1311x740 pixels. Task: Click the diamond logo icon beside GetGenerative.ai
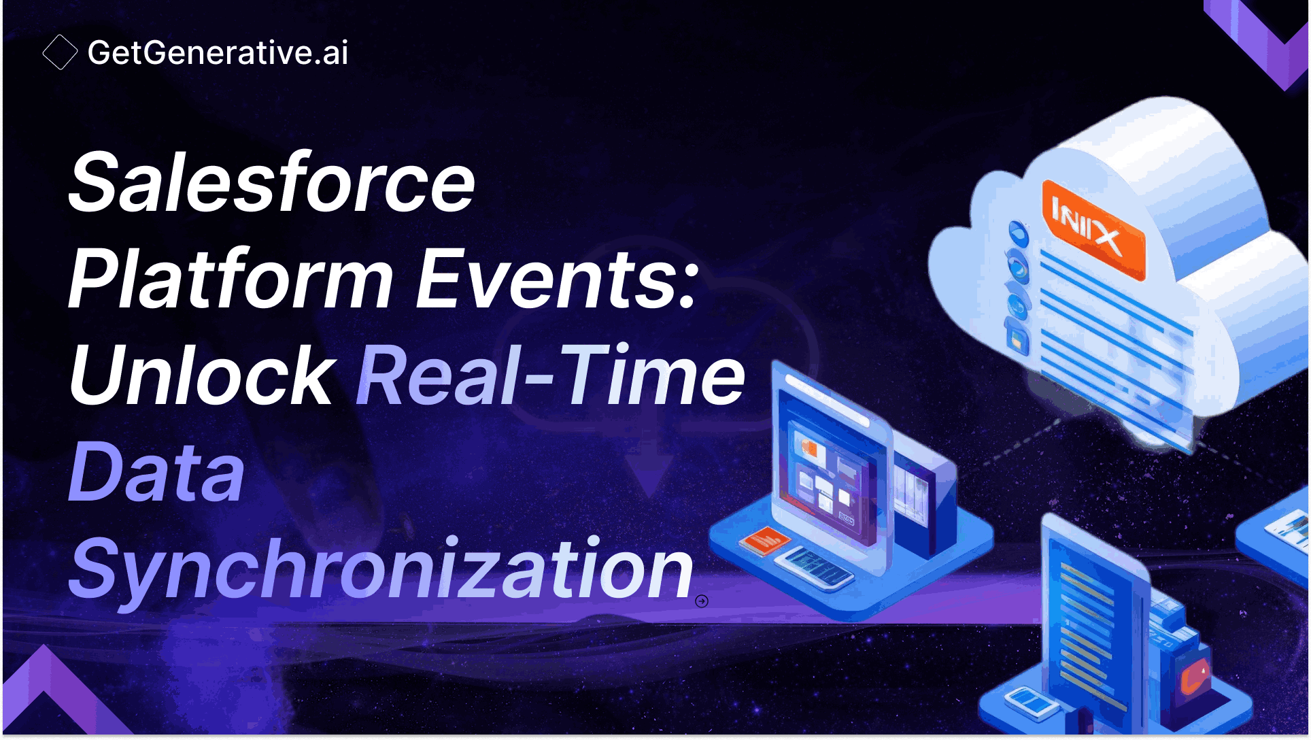tap(60, 52)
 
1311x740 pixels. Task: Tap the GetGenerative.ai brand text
tap(218, 52)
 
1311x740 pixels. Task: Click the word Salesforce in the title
tap(271, 182)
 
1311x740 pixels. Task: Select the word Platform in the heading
tap(231, 279)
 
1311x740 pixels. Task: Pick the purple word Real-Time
tap(551, 375)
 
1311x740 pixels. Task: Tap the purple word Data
tap(156, 472)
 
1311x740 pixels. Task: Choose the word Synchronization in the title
tap(381, 569)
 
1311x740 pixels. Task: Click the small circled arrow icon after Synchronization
tap(702, 601)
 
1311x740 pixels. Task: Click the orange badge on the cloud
tap(1093, 230)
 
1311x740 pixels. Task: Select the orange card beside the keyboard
tap(764, 541)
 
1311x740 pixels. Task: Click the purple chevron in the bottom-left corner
tap(48, 694)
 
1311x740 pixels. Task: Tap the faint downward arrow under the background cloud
tap(649, 469)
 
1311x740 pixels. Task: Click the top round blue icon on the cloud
tap(1018, 233)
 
